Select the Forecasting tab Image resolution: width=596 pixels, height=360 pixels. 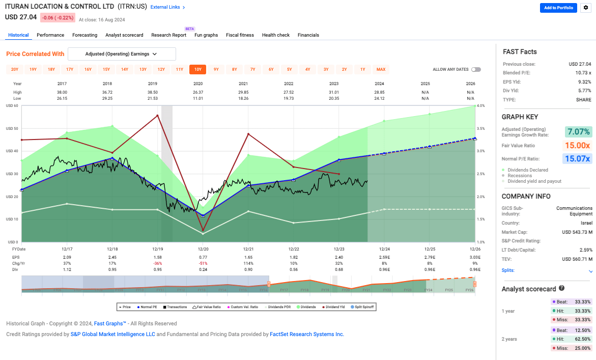pos(84,35)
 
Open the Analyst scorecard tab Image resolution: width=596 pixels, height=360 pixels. pos(124,35)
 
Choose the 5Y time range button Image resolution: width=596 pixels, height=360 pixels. pos(289,69)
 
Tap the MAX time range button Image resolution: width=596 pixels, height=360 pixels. pos(381,69)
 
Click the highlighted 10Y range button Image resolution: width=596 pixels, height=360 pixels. pos(197,69)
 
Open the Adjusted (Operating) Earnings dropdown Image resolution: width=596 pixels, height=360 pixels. pos(122,54)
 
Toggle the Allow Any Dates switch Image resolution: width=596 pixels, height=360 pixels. pos(476,69)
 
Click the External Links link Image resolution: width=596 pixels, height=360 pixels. pos(167,8)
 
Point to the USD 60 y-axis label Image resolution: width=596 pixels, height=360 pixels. pos(12,106)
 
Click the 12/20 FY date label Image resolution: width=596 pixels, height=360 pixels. pos(203,249)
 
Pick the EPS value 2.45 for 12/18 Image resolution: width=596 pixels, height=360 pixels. pos(112,258)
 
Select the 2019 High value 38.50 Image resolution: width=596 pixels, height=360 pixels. pos(152,92)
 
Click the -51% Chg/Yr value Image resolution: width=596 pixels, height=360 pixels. pos(203,263)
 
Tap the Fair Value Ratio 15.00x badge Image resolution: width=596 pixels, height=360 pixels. pos(578,146)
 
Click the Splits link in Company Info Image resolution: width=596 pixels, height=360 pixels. pos(508,270)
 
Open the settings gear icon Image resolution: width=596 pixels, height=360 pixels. pos(585,8)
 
